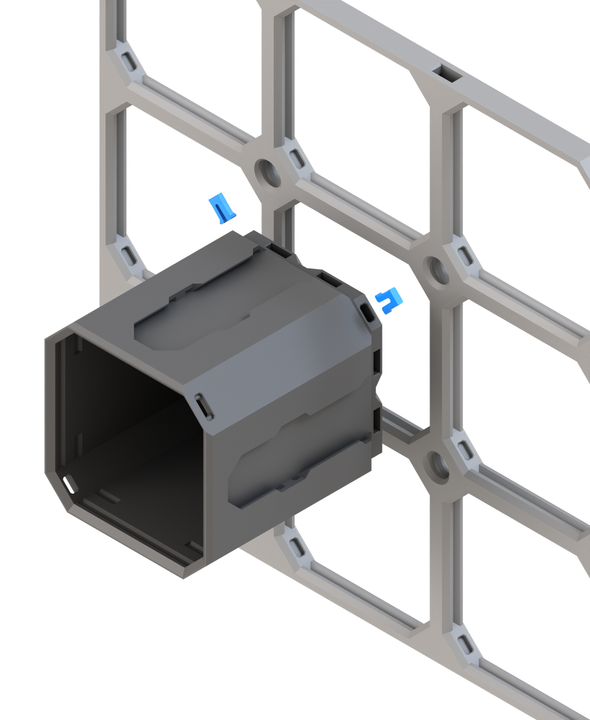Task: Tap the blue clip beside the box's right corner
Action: tap(389, 301)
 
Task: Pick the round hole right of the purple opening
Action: tap(437, 269)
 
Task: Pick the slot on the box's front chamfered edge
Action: tap(202, 406)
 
